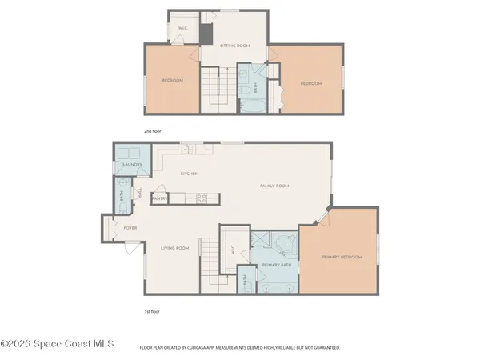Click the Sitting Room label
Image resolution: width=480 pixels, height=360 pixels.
[234, 46]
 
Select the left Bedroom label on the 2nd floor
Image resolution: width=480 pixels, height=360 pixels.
[174, 81]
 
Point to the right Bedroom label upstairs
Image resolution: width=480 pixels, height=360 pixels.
[310, 84]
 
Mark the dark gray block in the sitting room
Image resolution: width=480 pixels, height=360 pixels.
[206, 34]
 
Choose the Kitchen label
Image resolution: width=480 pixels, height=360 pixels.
[189, 174]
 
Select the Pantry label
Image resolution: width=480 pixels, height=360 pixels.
[158, 198]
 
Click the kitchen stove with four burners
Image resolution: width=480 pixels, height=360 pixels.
[202, 197]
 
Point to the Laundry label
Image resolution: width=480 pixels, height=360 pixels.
[132, 165]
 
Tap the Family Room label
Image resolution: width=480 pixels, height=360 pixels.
[274, 186]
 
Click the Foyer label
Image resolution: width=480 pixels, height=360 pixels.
[130, 228]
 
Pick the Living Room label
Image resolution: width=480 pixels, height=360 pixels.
[175, 248]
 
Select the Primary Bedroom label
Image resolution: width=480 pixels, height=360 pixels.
[342, 257]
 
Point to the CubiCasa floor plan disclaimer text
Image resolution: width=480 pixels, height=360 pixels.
[240, 348]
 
